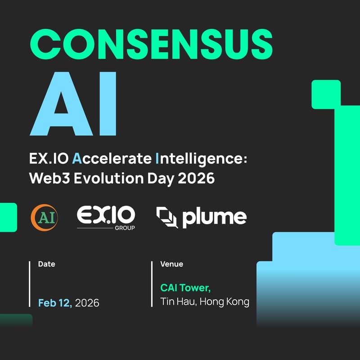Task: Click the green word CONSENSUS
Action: [151, 43]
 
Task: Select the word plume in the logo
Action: [214, 218]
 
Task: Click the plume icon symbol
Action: [167, 217]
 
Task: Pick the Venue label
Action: [171, 264]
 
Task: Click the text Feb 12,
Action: [55, 303]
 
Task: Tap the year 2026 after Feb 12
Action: [87, 303]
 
